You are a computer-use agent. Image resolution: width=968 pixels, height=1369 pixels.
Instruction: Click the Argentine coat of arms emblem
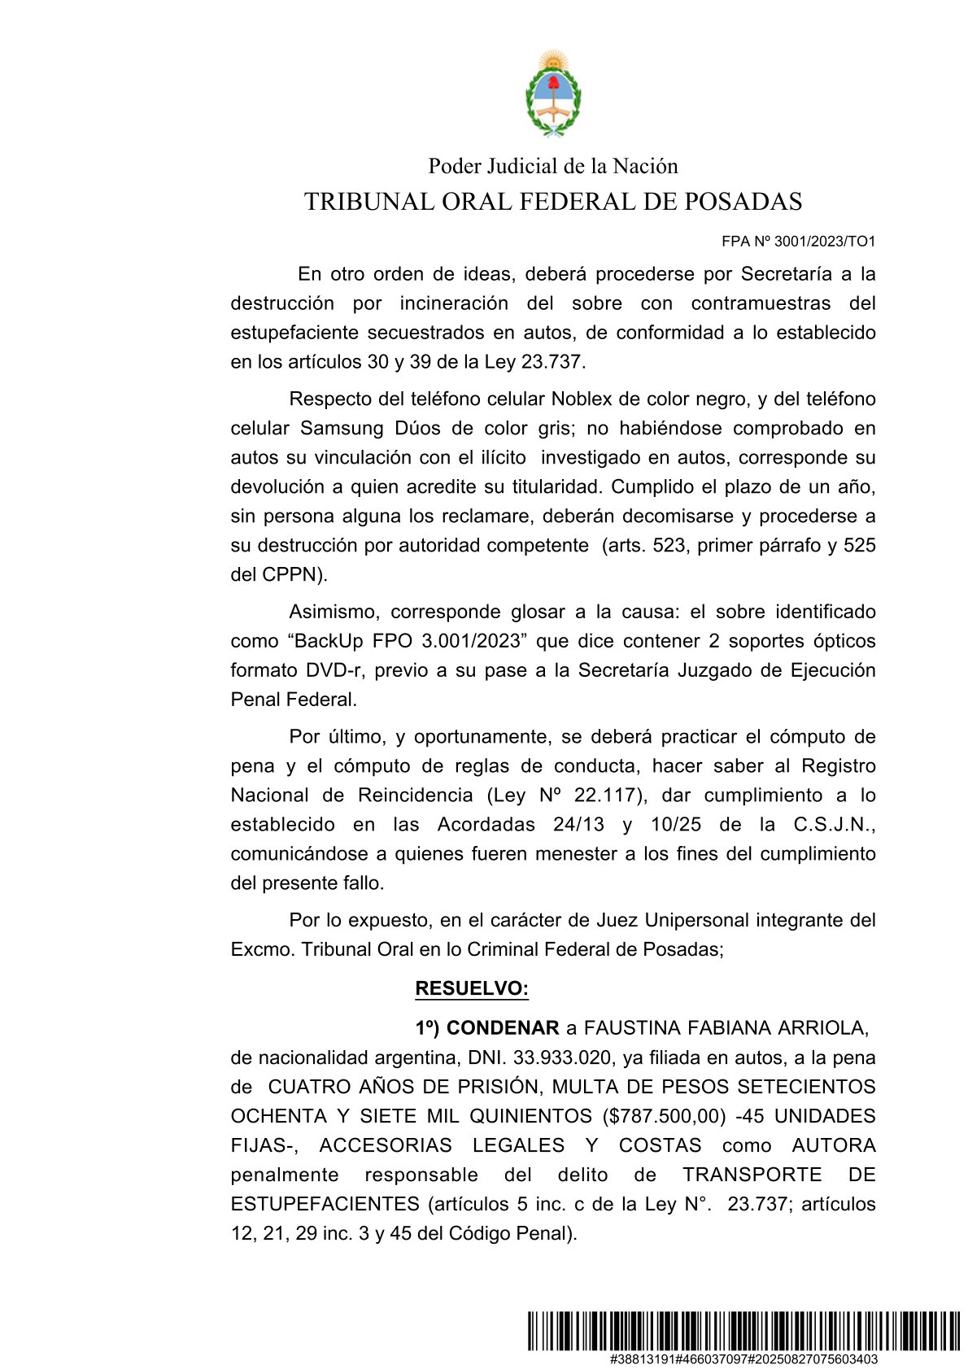click(552, 93)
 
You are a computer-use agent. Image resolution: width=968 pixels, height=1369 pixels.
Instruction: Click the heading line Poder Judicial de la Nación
click(552, 167)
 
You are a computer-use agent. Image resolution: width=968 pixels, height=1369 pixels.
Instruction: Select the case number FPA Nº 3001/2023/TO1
click(798, 242)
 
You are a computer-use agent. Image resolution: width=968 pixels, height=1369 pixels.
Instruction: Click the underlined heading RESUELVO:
click(472, 989)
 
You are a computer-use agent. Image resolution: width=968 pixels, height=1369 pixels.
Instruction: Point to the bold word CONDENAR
click(503, 1028)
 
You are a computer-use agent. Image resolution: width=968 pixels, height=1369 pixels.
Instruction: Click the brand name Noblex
click(582, 399)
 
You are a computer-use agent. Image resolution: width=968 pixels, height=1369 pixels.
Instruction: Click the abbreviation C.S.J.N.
click(834, 825)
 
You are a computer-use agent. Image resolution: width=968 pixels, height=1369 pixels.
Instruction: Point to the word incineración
click(454, 303)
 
